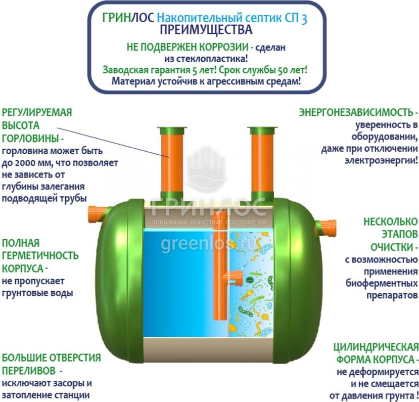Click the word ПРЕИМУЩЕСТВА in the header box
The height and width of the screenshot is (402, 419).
tap(206, 30)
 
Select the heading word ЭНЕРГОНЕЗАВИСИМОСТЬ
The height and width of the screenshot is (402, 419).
tap(356, 112)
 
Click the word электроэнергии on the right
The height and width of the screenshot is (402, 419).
tap(380, 161)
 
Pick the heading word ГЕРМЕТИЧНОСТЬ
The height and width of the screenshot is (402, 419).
tap(40, 256)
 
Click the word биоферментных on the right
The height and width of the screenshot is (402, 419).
tap(382, 283)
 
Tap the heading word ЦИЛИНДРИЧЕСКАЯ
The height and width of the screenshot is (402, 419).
tap(376, 347)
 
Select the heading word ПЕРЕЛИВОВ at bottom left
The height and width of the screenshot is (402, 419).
tap(29, 371)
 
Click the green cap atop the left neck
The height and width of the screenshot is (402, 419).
tap(172, 131)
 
